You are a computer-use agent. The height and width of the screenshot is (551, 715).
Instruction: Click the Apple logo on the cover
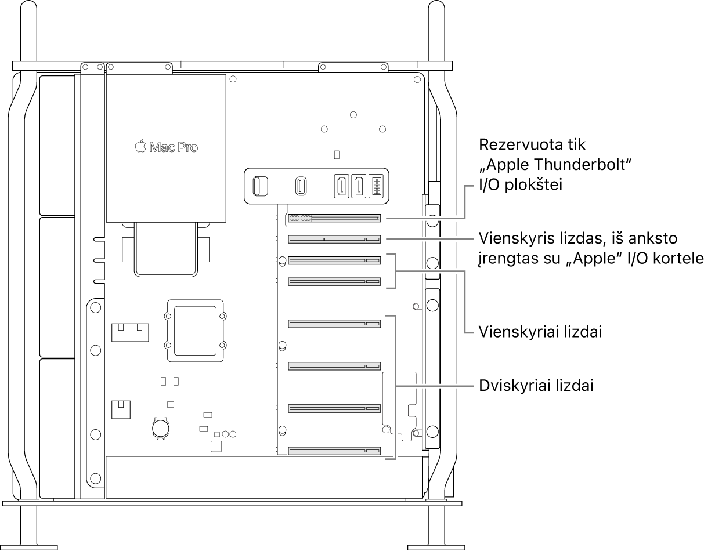click(140, 147)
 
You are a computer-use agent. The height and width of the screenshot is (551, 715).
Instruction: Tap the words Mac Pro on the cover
click(174, 147)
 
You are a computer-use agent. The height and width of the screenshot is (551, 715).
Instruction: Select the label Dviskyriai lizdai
click(536, 386)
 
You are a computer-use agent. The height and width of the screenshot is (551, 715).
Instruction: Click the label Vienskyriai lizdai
click(539, 332)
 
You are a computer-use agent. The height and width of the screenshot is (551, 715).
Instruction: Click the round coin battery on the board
click(160, 427)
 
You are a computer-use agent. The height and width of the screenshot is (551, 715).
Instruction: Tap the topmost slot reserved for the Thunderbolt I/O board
click(334, 218)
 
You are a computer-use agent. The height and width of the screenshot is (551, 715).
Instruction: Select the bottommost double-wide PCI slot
click(334, 451)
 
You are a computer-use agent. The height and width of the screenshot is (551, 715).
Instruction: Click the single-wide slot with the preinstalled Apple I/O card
click(334, 239)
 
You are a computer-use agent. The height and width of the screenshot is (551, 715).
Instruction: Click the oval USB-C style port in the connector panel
click(302, 186)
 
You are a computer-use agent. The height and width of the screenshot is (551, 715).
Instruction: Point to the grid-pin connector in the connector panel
click(376, 186)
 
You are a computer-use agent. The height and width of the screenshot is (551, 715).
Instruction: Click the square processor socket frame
click(195, 330)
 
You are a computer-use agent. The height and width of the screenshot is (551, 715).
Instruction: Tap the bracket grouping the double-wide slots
click(395, 387)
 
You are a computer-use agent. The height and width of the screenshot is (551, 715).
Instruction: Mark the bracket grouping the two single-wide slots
click(396, 271)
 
